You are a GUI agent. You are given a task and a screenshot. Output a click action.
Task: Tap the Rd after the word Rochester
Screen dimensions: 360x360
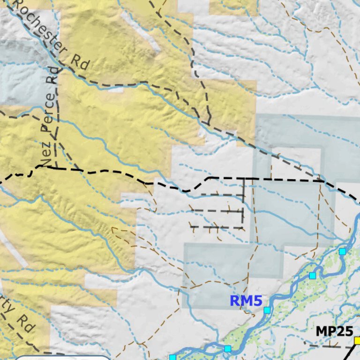80,62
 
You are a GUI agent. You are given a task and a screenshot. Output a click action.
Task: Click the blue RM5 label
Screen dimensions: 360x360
246,301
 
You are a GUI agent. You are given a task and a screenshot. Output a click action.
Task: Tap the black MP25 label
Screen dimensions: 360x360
334,331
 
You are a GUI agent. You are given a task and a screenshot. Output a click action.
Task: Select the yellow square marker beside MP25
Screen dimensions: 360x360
357,340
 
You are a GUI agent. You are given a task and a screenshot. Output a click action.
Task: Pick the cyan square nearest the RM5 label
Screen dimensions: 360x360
267,310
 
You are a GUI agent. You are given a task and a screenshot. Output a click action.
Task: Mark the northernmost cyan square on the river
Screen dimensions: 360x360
342,252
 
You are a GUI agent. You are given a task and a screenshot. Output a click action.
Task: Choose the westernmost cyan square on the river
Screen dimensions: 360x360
172,358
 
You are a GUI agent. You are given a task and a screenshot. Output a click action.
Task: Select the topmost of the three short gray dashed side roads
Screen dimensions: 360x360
220,195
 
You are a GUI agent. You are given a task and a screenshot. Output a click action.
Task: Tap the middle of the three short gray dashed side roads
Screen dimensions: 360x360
217,211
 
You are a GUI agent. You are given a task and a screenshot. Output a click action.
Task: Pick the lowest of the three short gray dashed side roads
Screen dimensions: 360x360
216,227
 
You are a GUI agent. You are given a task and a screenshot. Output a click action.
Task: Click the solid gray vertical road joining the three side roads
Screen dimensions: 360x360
243,202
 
